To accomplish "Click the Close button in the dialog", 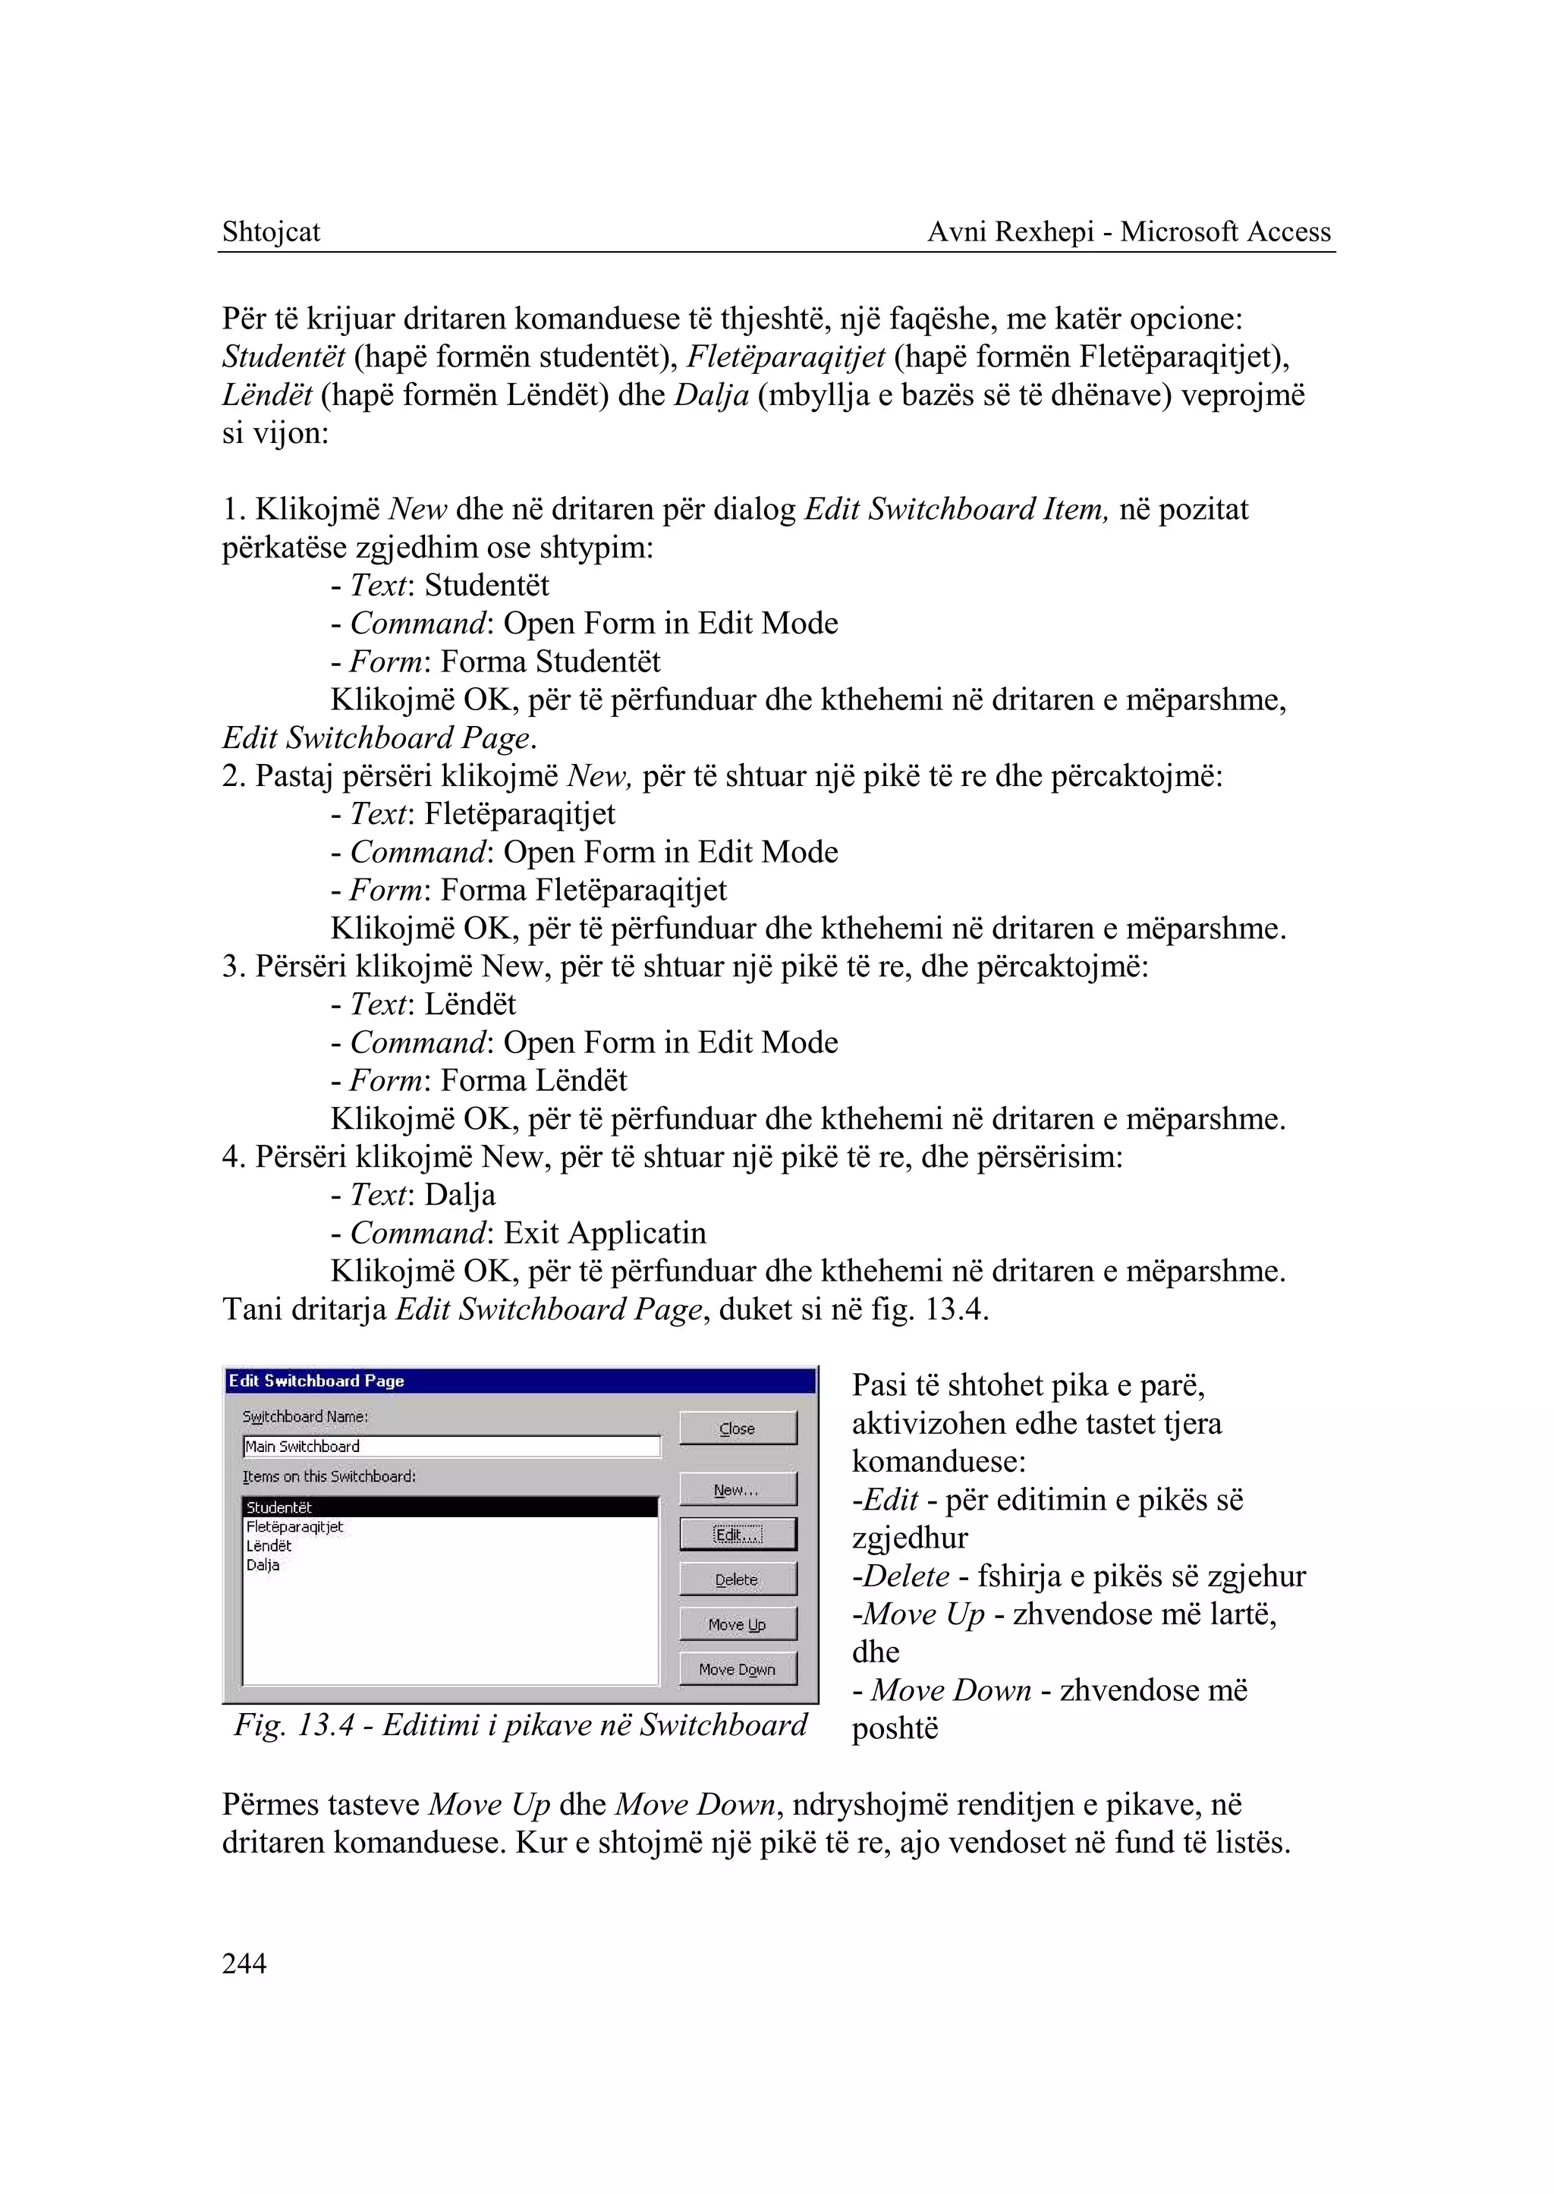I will [x=737, y=1428].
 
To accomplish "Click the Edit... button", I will [x=737, y=1535].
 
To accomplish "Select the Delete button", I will [x=737, y=1579].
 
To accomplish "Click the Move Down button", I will [x=737, y=1670].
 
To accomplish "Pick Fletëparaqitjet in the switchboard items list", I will [x=294, y=1527].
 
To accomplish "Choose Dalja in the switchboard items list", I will [x=263, y=1565].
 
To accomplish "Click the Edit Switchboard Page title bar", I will [x=521, y=1381].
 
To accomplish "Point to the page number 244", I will [x=244, y=1963].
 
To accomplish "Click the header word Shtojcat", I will [x=271, y=231].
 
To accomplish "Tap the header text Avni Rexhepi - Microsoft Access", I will [x=1129, y=231].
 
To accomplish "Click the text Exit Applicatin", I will [x=605, y=1232].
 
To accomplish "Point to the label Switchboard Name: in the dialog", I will [x=305, y=1416].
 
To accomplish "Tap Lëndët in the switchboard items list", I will [x=269, y=1546].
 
